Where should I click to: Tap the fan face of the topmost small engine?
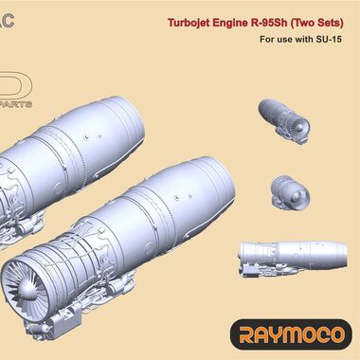[302, 127]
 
